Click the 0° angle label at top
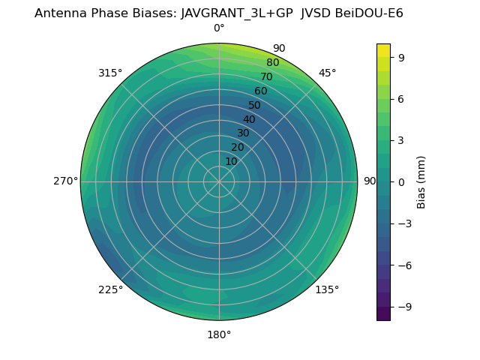219,28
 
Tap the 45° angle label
327,73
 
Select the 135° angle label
327,289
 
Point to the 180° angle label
219,334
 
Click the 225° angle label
110,289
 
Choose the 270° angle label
65,181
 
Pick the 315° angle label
110,73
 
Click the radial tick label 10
231,161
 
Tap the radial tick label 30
243,133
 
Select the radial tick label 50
255,105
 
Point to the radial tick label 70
267,76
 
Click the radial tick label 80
273,62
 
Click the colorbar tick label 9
401,57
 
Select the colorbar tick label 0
401,182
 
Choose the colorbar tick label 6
401,99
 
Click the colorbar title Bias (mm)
421,182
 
